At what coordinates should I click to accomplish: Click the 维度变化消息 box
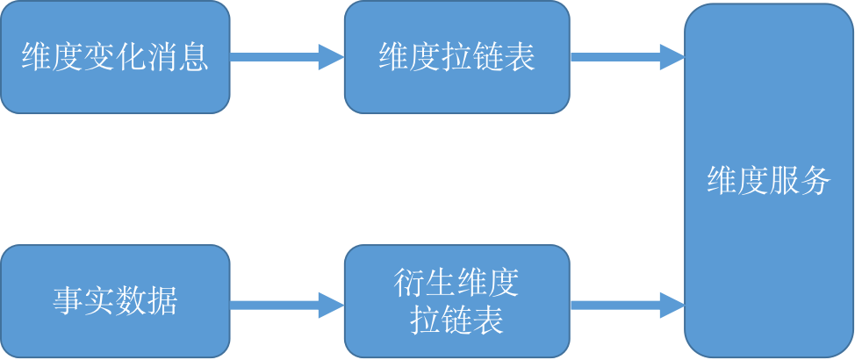[115, 58]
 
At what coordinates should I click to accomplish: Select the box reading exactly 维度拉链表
[456, 58]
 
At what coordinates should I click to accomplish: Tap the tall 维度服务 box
[769, 180]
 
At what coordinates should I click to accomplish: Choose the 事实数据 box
[115, 301]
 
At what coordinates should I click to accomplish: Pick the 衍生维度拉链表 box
[456, 301]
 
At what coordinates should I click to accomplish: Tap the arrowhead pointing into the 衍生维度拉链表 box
[331, 305]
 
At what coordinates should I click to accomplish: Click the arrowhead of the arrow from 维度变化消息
[331, 58]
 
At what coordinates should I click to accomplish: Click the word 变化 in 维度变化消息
[115, 58]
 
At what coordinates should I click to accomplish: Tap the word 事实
[84, 301]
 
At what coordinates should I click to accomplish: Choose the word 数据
[147, 301]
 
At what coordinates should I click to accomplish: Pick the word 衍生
[426, 284]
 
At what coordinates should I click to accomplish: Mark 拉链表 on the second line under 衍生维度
[456, 320]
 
